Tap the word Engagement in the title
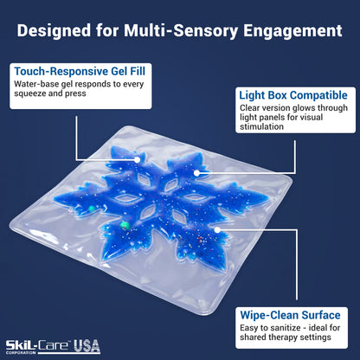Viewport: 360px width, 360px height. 292,31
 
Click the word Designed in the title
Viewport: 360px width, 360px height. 54,30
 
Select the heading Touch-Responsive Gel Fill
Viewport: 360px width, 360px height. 80,71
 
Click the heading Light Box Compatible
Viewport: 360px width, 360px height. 293,95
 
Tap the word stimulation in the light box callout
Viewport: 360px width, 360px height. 261,127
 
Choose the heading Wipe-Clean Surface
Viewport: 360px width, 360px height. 290,315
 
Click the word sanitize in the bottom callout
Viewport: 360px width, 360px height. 284,328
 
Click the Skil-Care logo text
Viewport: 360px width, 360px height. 38,345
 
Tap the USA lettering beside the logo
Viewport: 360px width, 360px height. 87,346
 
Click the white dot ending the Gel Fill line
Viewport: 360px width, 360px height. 137,159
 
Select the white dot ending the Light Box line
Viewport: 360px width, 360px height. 196,173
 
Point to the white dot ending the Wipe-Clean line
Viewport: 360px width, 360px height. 218,230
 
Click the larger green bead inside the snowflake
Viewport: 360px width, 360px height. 125,225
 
